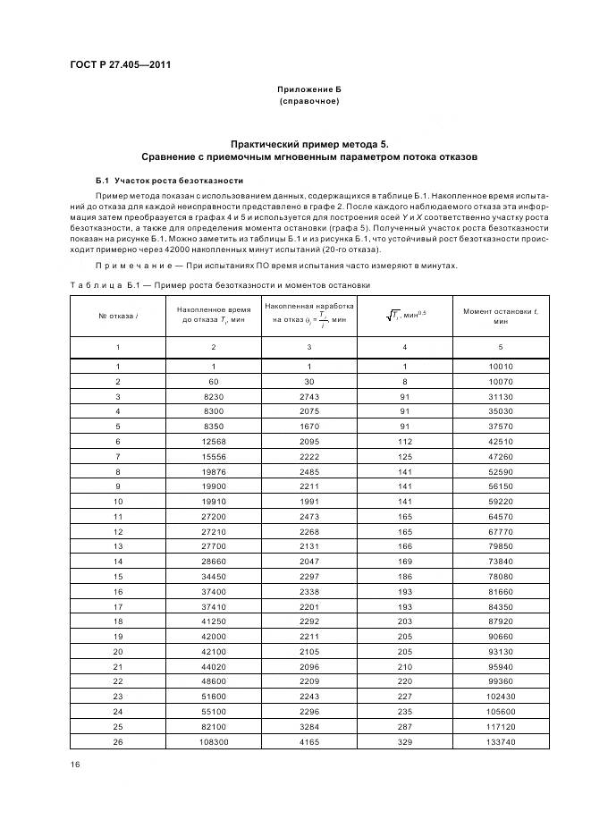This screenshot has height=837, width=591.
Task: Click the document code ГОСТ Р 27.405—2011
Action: pyautogui.click(x=121, y=65)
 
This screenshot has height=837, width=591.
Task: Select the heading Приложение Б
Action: pyautogui.click(x=310, y=91)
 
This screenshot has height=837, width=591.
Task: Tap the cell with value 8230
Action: pyautogui.click(x=212, y=395)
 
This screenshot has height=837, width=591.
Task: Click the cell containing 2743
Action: pyautogui.click(x=308, y=395)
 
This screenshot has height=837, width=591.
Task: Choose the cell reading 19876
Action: pyautogui.click(x=212, y=471)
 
